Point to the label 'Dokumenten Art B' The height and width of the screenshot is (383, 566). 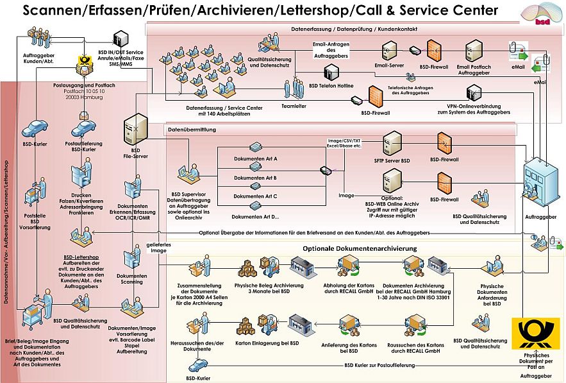(254, 178)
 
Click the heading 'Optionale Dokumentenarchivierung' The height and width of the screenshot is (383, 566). (360, 248)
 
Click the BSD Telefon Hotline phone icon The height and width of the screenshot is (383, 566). (331, 73)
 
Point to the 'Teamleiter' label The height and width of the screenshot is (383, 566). (293, 106)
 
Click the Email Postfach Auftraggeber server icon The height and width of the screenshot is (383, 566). (475, 49)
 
